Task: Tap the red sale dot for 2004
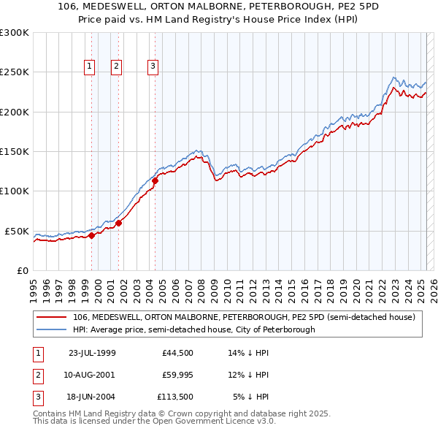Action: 155,180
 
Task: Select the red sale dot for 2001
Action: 118,223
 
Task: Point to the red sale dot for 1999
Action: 92,234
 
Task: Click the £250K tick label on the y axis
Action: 15,72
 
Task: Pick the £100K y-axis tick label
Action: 15,191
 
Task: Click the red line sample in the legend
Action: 51,317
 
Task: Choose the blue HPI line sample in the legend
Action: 51,329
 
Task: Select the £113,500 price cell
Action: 174,396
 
